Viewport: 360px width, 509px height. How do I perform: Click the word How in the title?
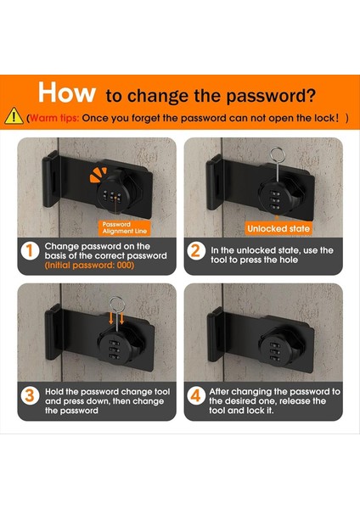(66, 92)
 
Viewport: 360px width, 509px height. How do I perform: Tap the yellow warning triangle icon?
(14, 116)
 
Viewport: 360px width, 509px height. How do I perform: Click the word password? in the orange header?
(271, 96)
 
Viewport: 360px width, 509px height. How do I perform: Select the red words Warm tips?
(54, 118)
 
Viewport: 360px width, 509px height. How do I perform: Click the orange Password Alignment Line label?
(125, 228)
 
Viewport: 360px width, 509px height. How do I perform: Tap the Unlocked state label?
(278, 228)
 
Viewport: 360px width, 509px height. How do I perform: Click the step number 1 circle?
(30, 251)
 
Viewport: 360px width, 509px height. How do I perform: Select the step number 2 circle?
(196, 250)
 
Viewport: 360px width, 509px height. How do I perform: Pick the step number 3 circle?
(30, 395)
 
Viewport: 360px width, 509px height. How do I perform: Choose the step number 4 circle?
(196, 395)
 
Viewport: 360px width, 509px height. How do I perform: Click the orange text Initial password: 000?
(89, 266)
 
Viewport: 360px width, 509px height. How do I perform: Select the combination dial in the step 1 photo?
(112, 197)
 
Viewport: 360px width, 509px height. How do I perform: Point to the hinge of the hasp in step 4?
(215, 334)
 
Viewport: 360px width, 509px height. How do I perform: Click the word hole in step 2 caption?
(288, 260)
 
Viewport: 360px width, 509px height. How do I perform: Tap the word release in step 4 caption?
(295, 401)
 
